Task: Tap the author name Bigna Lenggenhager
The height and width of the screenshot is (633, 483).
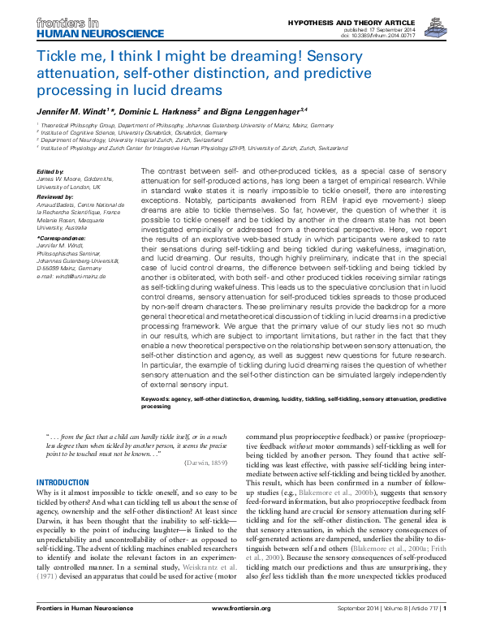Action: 259,110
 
